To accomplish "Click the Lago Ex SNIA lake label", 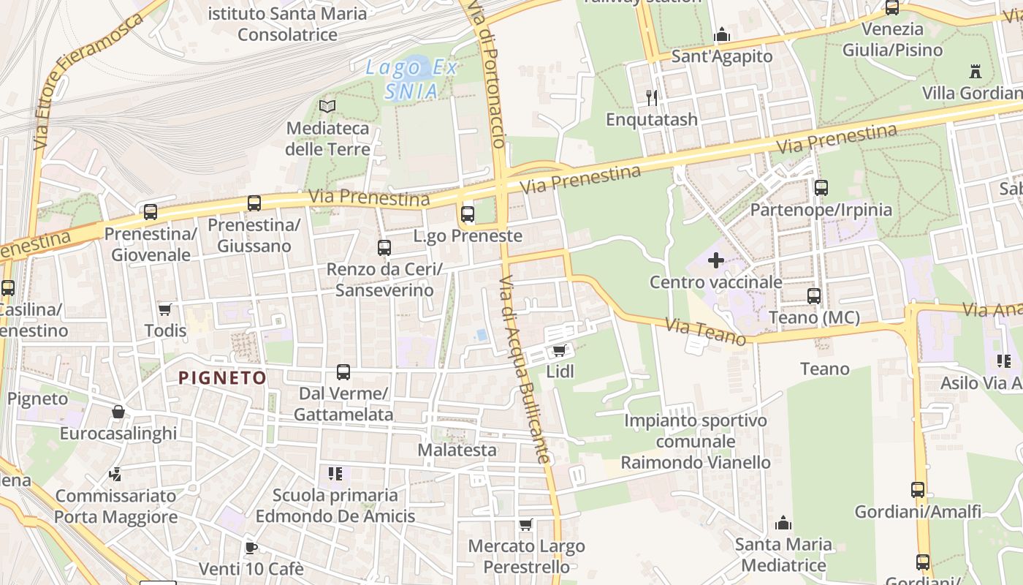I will click(x=412, y=79).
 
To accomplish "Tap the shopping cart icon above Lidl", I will click(x=560, y=351).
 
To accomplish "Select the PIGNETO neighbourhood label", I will click(x=223, y=378).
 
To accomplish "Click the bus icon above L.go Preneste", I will click(x=468, y=214).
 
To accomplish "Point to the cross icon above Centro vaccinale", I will click(x=716, y=260).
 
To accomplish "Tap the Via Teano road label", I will click(x=705, y=332).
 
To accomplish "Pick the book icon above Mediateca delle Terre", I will click(x=327, y=107).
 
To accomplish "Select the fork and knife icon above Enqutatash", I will click(x=652, y=97).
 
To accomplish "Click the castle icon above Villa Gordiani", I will click(x=975, y=72).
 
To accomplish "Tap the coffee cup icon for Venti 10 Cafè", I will click(x=251, y=548).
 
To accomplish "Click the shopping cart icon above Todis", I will click(x=165, y=310).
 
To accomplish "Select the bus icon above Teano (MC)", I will click(x=814, y=296).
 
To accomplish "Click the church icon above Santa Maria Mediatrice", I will click(x=783, y=523).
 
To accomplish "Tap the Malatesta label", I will click(x=457, y=450).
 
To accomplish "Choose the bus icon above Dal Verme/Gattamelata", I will click(x=343, y=372).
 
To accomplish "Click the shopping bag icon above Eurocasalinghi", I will click(x=118, y=412).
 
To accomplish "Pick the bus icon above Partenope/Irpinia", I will click(x=821, y=188).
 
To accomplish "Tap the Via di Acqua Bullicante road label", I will click(x=525, y=369).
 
